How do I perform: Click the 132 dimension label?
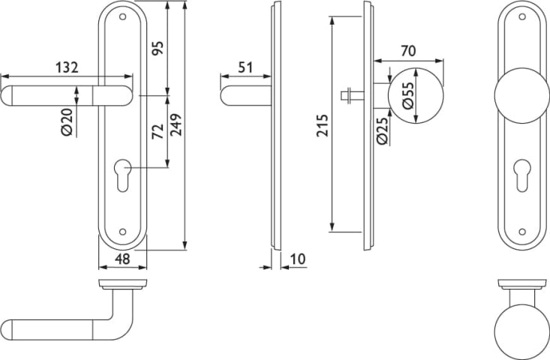67,67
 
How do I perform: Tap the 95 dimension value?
158,48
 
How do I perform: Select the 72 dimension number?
158,131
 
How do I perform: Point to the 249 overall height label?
176,124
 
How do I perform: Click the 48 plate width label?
122,259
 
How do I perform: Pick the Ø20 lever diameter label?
67,122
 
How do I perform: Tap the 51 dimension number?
245,67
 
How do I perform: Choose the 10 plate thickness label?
298,259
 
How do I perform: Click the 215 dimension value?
322,125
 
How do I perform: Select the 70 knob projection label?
408,51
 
